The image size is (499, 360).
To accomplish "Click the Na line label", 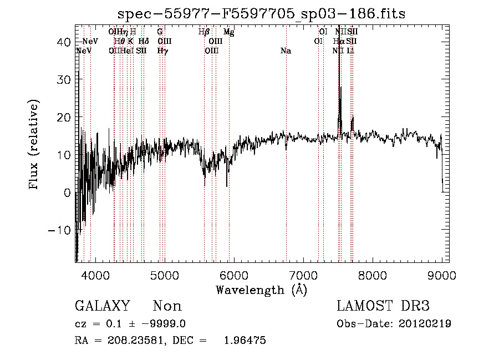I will (x=286, y=51).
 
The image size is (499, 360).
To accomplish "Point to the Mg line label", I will (x=228, y=32).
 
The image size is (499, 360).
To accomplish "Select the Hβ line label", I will (x=203, y=32).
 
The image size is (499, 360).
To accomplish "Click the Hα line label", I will (x=339, y=42).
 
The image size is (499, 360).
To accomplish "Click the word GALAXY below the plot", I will (x=102, y=306).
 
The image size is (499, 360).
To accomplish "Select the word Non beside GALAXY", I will (x=167, y=306).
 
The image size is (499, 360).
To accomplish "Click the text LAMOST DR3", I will (x=383, y=306).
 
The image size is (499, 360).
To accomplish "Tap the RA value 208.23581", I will (x=131, y=341).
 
